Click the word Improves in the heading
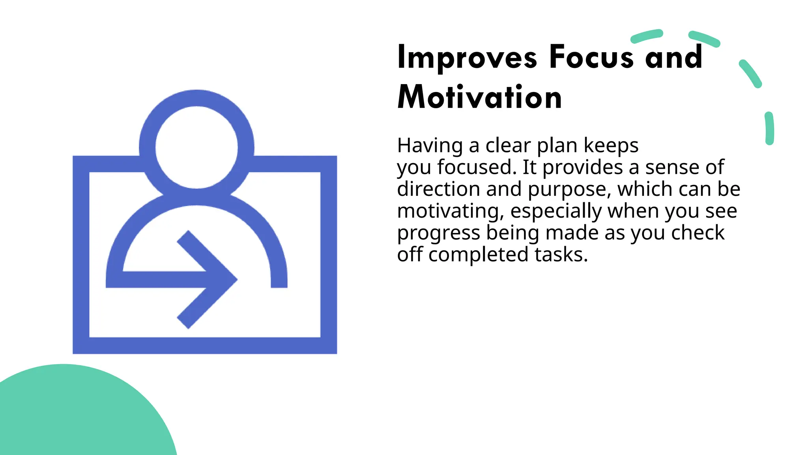click(467, 58)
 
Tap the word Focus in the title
click(591, 57)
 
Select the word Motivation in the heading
click(479, 97)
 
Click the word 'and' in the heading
click(673, 57)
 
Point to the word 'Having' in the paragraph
click(430, 145)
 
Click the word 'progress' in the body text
click(438, 233)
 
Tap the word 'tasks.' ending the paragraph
click(561, 255)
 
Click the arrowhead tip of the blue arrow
click(235, 280)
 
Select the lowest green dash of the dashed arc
click(769, 128)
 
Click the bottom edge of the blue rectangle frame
click(205, 346)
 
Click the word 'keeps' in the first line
click(611, 145)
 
